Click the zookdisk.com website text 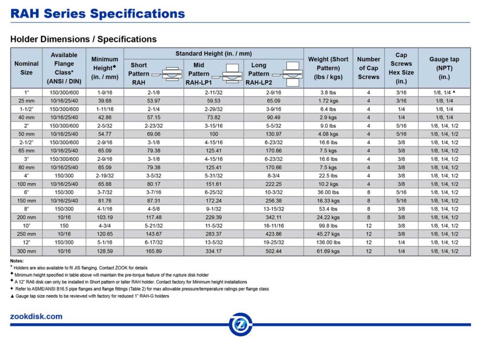coord(36,316)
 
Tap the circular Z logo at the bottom coord(240,324)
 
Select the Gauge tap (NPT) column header coord(444,68)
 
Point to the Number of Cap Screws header coord(368,68)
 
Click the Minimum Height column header coord(105,68)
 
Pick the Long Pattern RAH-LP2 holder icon coord(287,73)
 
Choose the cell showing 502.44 coord(273,251)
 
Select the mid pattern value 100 coord(213,134)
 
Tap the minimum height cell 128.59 coord(105,251)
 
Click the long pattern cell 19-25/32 coord(273,243)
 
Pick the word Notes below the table coord(17,261)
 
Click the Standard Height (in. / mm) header coord(213,54)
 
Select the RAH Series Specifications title coord(98,13)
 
